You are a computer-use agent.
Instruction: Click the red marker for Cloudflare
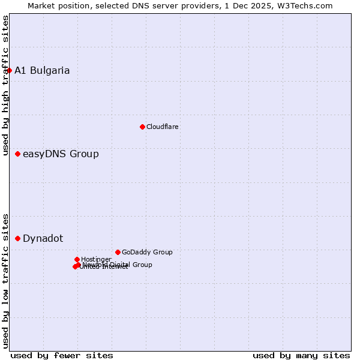coord(142,127)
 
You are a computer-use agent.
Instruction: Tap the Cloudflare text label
coord(162,127)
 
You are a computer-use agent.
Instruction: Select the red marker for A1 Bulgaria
coord(9,70)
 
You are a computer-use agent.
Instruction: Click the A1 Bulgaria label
coord(42,70)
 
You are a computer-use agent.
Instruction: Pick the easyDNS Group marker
coord(17,154)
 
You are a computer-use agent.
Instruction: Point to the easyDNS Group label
coord(61,154)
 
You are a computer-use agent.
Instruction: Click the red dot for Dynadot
coord(17,238)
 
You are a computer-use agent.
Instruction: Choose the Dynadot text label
coord(43,238)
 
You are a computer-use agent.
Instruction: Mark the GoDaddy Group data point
coord(118,252)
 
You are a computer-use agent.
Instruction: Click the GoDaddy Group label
coord(147,252)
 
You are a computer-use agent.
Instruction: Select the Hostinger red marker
coord(77,259)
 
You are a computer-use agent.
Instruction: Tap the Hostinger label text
coord(96,259)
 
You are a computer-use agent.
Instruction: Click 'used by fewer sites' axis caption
coord(62,355)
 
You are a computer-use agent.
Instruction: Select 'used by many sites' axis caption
coord(301,355)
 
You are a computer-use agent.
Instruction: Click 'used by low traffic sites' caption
coord(5,280)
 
